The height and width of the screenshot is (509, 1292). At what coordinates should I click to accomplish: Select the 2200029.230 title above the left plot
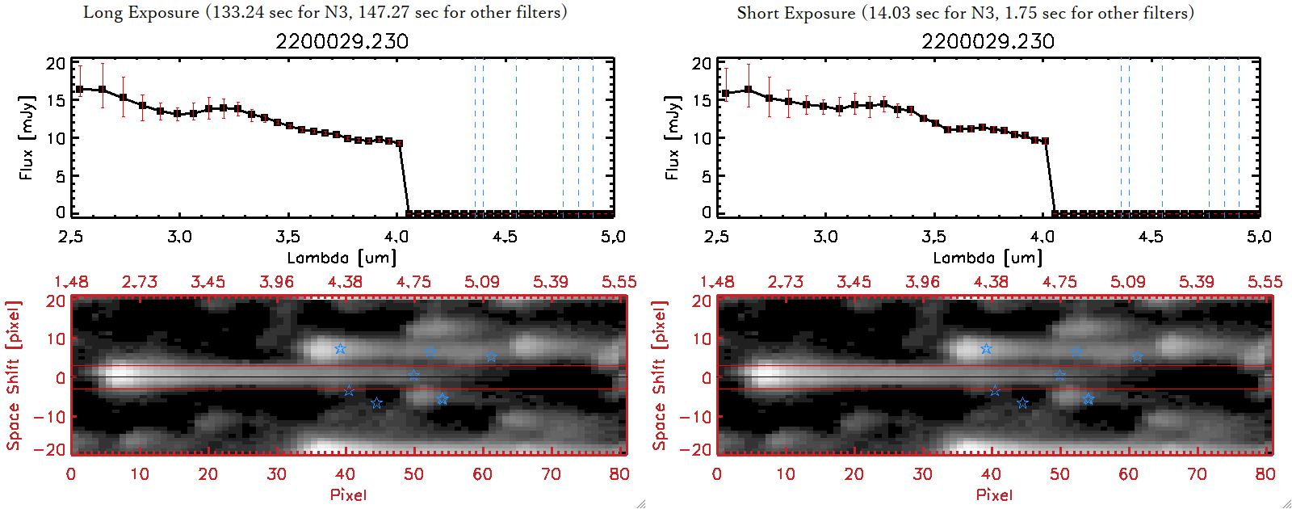point(342,41)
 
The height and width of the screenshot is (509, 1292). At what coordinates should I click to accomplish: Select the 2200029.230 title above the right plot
point(988,41)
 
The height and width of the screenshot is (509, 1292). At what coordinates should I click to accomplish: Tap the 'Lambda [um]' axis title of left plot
point(342,258)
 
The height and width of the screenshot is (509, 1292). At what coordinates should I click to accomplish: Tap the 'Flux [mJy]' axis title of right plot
point(672,137)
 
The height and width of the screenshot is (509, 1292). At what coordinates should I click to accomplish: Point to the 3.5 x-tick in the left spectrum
point(287,237)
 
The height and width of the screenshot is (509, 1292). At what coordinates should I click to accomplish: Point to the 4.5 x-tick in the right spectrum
point(1151,237)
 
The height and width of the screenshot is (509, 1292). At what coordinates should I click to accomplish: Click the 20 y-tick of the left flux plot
point(56,64)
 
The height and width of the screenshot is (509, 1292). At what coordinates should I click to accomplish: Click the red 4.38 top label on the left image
point(345,282)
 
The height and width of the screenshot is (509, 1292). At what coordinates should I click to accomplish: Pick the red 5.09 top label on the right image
point(1127,282)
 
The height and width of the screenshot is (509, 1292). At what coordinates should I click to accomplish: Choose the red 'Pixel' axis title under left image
point(348,494)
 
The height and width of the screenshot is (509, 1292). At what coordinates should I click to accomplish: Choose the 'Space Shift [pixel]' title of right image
point(660,376)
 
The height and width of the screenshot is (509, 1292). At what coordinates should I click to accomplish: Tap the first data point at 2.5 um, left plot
point(79,89)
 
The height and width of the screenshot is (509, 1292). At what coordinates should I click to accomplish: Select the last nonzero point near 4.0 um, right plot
point(1045,141)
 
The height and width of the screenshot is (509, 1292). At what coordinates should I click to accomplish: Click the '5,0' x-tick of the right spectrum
point(1259,237)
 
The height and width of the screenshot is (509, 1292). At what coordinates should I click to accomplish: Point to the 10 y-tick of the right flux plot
point(702,138)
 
